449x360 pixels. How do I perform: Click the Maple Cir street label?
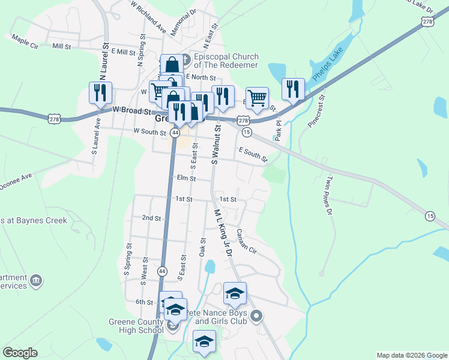tap(25, 41)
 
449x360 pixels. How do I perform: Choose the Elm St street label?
tap(187, 178)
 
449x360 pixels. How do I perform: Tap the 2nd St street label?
tap(151, 218)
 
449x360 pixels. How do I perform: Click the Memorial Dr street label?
tap(183, 23)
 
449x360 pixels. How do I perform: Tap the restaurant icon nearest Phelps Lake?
tap(293, 89)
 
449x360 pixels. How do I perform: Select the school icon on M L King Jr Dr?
tap(235, 293)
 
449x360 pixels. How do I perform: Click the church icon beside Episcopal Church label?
tap(185, 60)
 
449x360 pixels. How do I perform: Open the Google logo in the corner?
tap(20, 353)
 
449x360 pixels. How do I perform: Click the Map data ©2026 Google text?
tap(412, 355)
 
